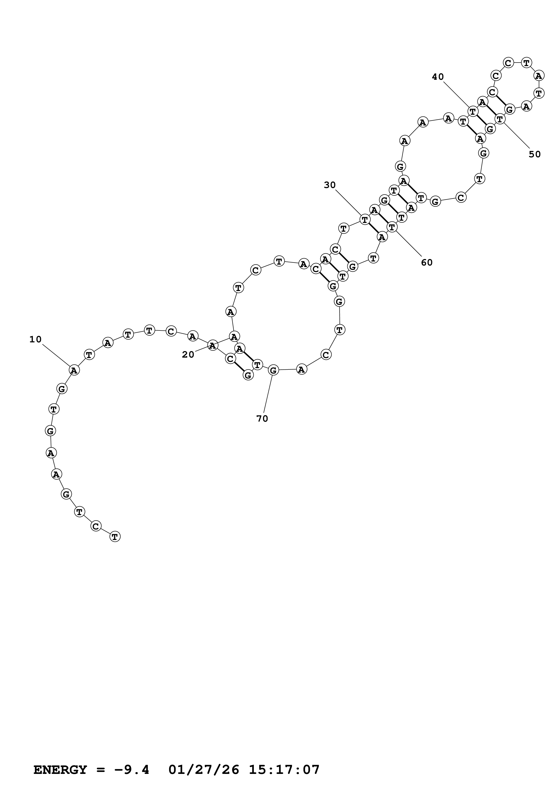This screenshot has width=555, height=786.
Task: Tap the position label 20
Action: pos(188,355)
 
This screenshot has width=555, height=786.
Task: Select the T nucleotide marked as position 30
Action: pos(365,219)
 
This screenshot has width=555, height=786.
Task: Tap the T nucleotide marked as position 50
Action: pos(500,119)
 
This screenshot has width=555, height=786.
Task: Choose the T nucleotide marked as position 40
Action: pos(473,111)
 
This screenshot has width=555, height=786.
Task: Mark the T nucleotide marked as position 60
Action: pos(392,227)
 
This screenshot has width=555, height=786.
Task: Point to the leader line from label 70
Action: pos(268,394)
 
